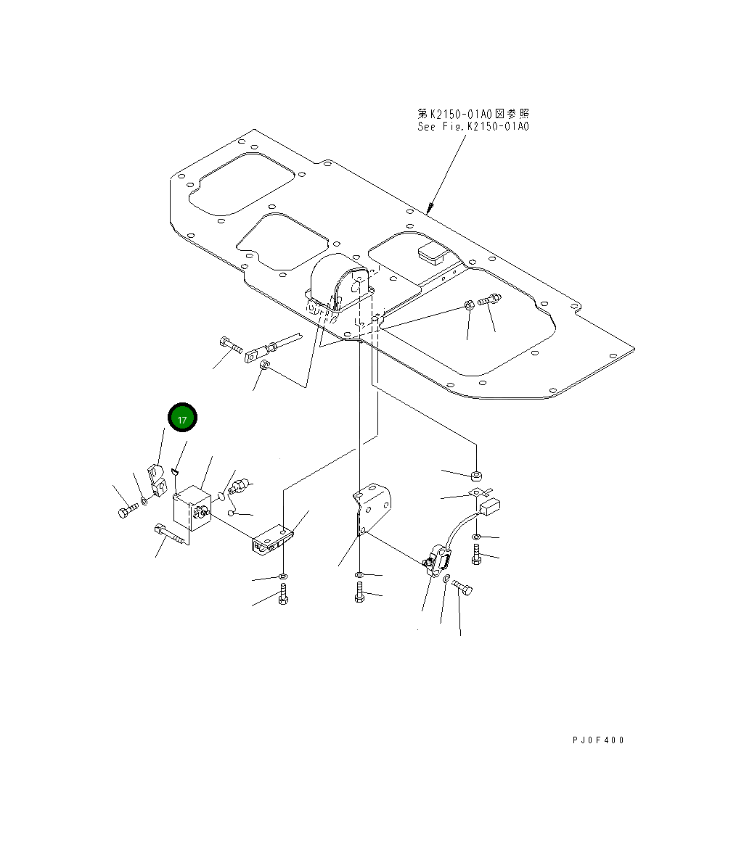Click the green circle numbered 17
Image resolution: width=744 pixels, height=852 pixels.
point(182,419)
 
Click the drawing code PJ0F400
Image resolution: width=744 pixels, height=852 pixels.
point(597,740)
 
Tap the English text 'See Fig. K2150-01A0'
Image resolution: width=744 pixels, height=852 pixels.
point(473,126)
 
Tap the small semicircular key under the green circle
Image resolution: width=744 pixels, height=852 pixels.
point(176,473)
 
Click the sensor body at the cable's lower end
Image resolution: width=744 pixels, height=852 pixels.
point(438,562)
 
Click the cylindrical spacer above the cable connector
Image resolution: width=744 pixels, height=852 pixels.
point(477,476)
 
